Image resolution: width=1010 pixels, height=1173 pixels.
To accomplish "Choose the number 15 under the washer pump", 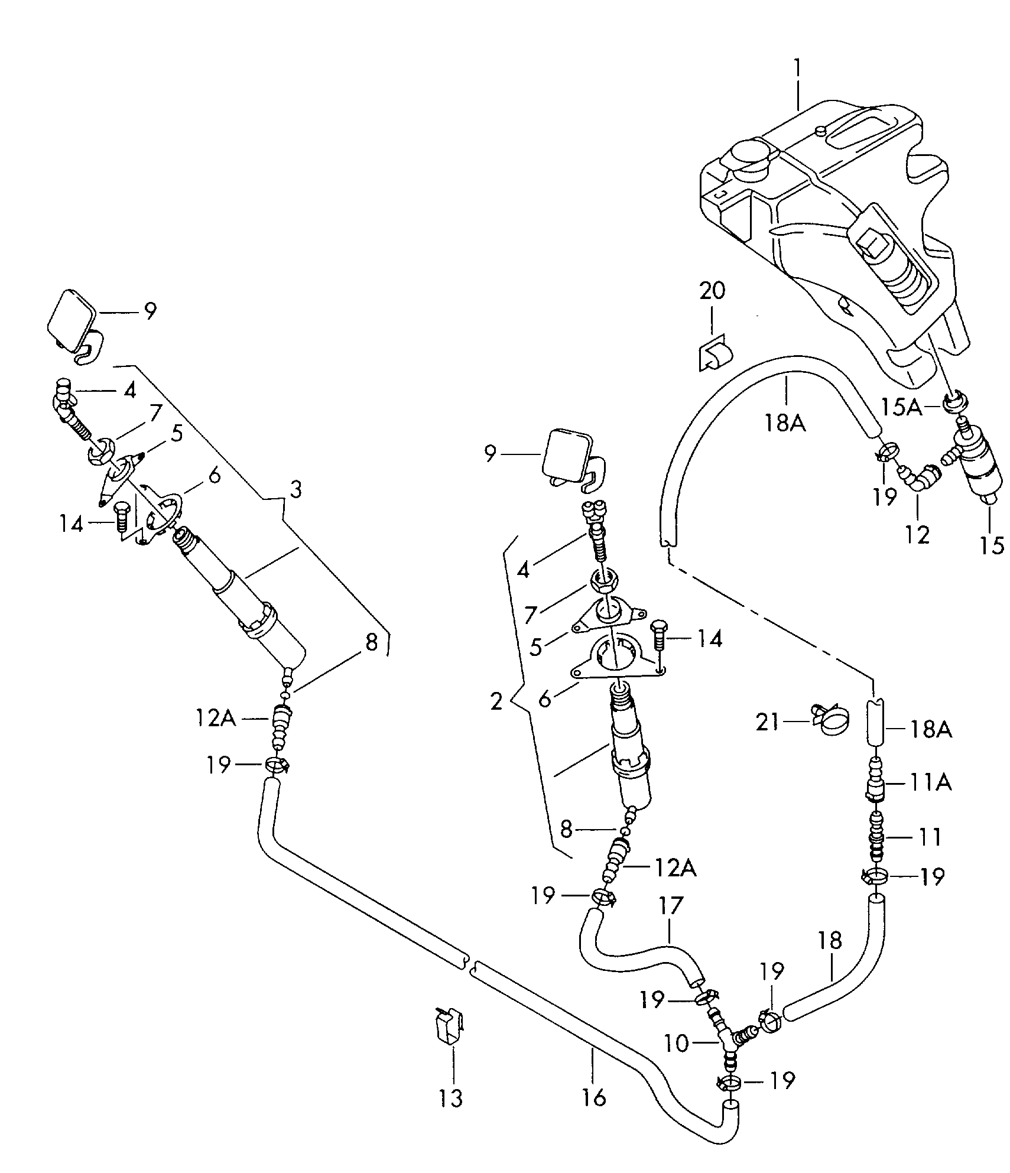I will pos(992,545).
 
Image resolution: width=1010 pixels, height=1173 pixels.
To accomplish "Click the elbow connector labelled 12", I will pos(918,476).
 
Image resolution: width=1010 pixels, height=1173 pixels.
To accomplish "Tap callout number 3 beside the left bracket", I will pos(295,490).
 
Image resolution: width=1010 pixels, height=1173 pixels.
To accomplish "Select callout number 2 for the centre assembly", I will pos(497,701).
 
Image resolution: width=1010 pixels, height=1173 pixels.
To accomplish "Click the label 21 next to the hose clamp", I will pos(768,722).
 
